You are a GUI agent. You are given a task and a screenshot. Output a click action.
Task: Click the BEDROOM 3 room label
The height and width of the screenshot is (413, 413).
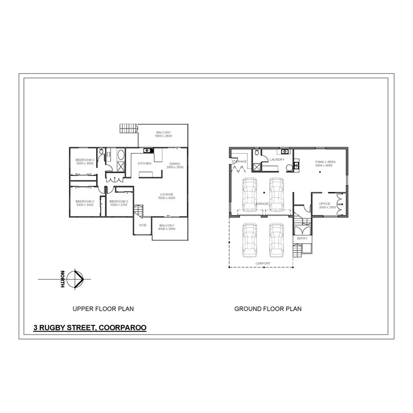tap(84, 160)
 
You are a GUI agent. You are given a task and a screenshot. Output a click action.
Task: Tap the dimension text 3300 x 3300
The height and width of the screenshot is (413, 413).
tap(84, 205)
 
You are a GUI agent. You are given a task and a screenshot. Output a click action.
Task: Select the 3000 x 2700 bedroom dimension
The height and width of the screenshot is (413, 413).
tap(118, 205)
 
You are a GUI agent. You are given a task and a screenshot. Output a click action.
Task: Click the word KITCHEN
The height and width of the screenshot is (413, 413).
tap(144, 164)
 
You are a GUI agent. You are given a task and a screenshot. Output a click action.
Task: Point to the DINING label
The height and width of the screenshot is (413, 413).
tap(175, 164)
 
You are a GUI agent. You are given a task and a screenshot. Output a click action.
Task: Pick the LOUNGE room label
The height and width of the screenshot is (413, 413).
tap(167, 194)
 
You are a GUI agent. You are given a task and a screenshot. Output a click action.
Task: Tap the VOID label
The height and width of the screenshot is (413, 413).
tap(143, 225)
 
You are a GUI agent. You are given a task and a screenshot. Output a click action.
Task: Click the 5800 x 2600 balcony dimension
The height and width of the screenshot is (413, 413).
tap(164, 136)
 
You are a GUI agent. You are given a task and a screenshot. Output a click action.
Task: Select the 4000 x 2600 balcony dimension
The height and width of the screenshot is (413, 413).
tap(167, 229)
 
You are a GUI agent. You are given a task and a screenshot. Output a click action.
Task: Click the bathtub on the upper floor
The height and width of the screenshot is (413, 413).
tap(120, 155)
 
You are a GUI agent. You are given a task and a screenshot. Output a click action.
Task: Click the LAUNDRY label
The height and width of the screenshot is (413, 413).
tap(277, 160)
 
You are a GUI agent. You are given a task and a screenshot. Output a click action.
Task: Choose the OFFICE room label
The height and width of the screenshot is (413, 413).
tap(325, 204)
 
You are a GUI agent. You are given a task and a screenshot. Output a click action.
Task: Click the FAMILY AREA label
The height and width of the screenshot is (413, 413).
tap(325, 162)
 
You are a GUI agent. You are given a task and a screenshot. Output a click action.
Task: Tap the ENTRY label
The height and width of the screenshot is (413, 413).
tap(302, 238)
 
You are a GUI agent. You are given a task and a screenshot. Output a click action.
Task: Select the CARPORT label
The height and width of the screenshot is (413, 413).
tap(263, 263)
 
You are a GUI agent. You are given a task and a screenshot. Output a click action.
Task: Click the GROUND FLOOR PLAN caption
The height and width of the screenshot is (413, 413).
tap(268, 308)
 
